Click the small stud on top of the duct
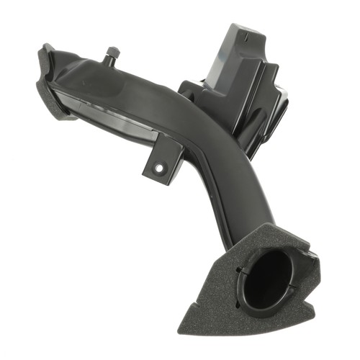point(113,53)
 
